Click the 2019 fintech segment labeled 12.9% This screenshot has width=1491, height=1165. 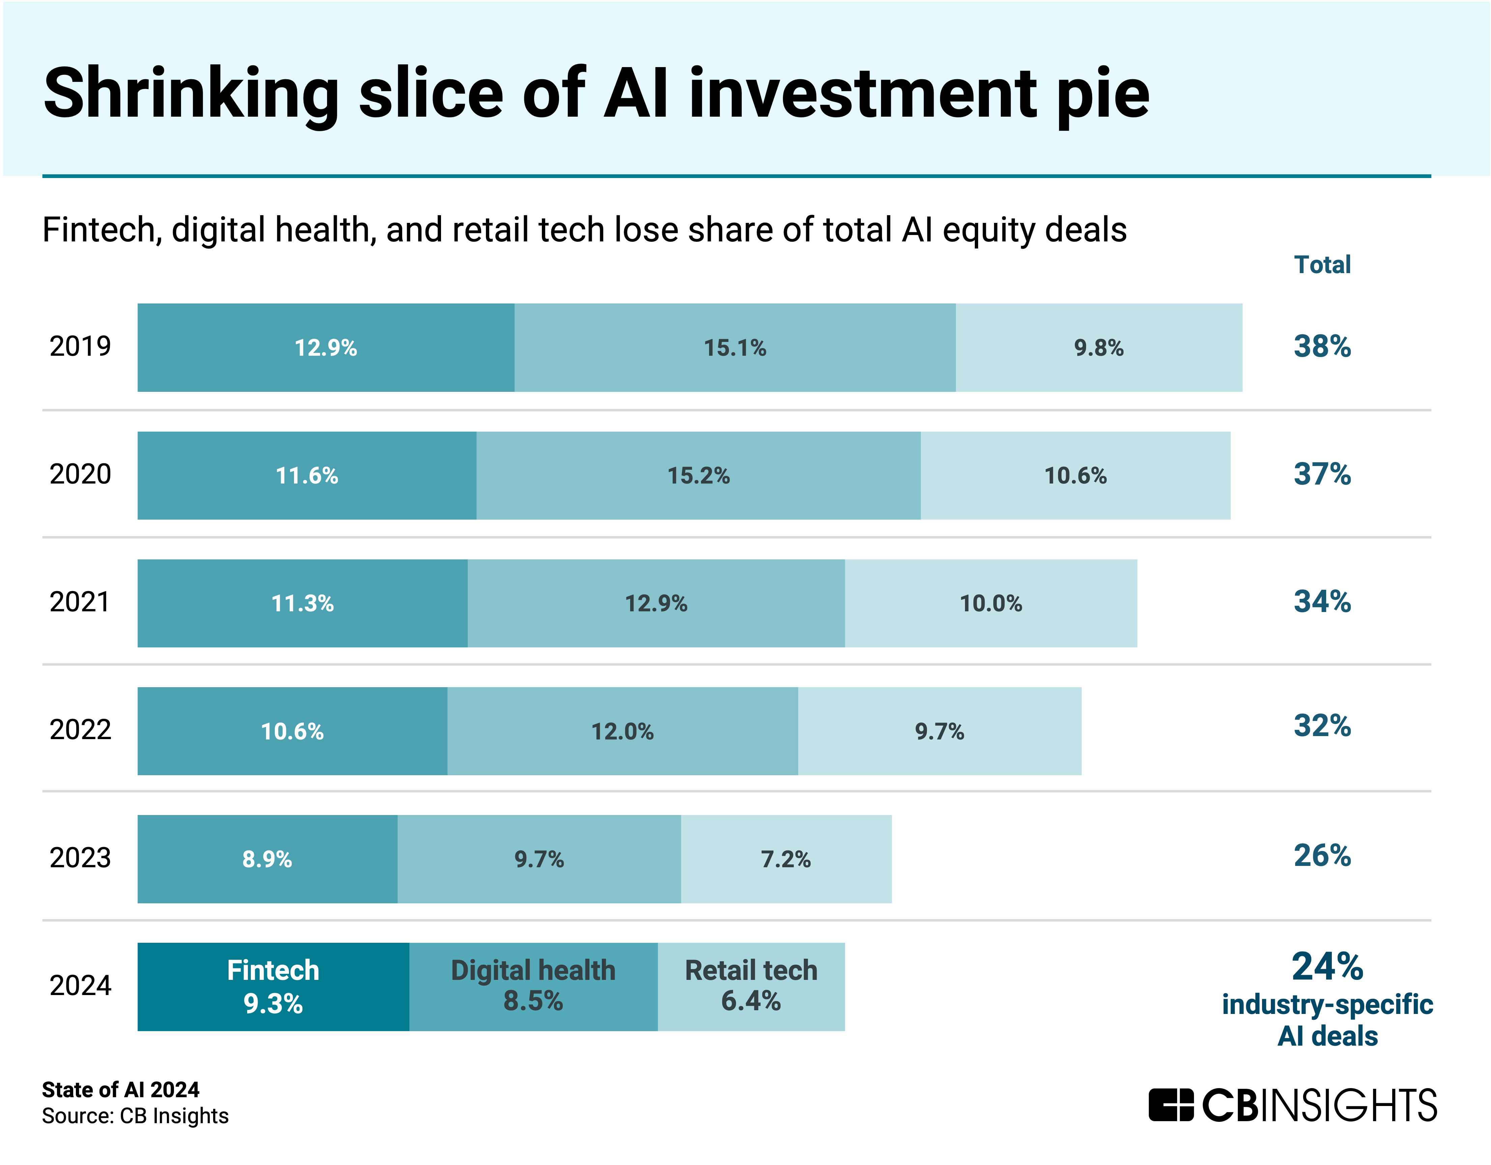[x=326, y=348]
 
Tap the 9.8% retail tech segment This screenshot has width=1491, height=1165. [x=1099, y=348]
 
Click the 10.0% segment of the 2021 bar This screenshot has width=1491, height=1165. [x=991, y=603]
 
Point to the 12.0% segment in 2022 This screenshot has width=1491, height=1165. [x=622, y=731]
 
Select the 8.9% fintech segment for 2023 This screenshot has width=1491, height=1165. [x=267, y=859]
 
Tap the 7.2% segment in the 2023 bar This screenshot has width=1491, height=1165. [x=786, y=859]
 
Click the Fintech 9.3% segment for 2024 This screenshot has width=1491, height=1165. [x=273, y=987]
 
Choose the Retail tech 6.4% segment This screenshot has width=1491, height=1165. [x=751, y=987]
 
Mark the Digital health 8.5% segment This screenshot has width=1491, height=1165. [x=533, y=987]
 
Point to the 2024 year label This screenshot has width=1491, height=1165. [x=80, y=985]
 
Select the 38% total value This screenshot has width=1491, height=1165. [x=1322, y=346]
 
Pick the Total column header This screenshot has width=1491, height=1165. [x=1322, y=264]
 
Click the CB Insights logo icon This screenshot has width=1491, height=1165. [x=1170, y=1105]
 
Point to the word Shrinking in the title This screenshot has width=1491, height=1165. [x=191, y=94]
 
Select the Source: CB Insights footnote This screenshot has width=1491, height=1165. [x=135, y=1116]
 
